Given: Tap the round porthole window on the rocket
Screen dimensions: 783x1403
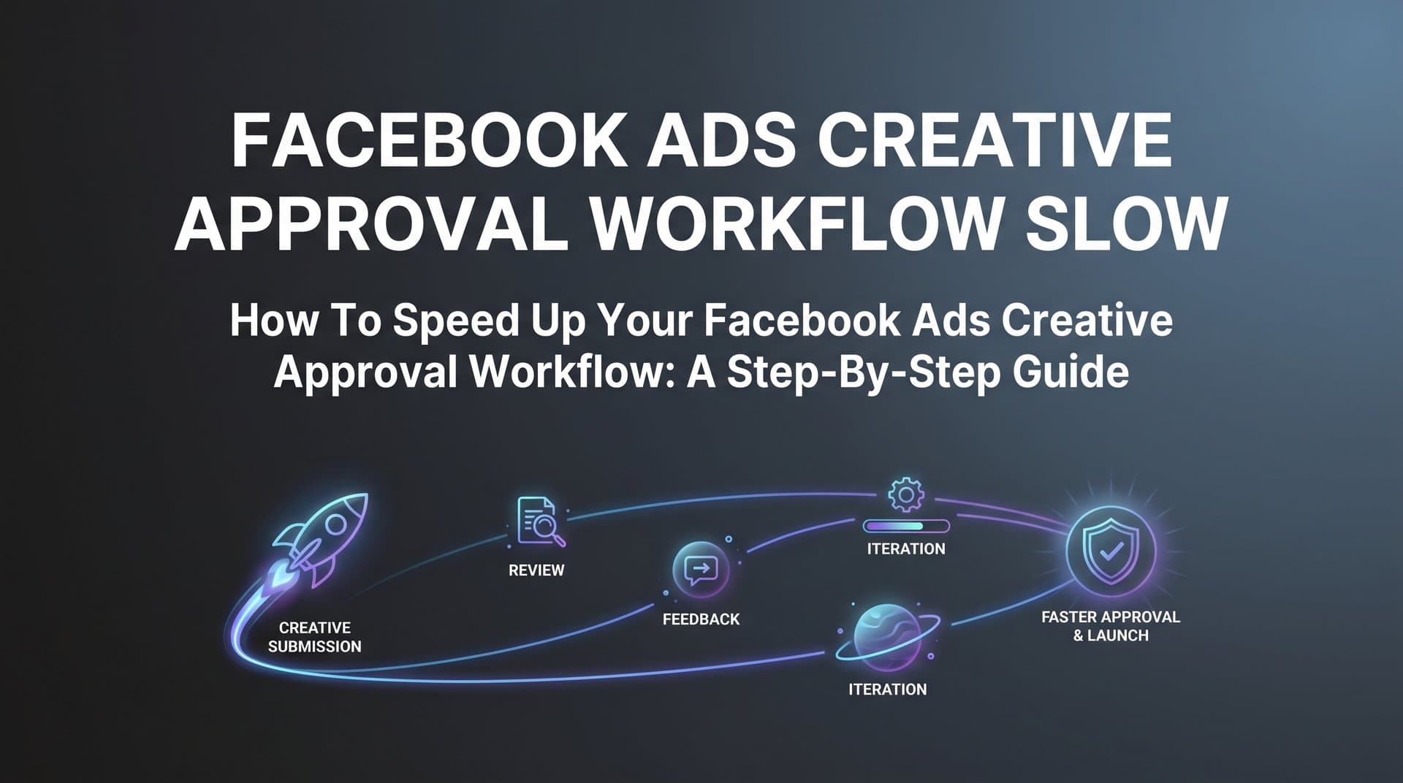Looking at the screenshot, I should [335, 524].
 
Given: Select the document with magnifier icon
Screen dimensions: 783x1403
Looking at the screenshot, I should [539, 522].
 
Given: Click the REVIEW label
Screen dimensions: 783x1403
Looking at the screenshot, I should [536, 570].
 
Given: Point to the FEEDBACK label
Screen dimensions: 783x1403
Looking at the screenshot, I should [701, 619].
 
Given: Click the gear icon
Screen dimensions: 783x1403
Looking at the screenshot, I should [905, 494].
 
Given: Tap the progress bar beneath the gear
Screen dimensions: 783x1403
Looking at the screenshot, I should [905, 526].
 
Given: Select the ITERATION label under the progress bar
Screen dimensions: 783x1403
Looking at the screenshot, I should [905, 549].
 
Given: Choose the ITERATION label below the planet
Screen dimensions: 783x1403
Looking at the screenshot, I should [887, 690].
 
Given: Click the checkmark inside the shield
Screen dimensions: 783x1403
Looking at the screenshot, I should [1111, 551].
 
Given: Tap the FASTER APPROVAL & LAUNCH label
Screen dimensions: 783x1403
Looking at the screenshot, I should [1110, 627].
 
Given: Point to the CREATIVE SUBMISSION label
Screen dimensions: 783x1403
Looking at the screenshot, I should [315, 637].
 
